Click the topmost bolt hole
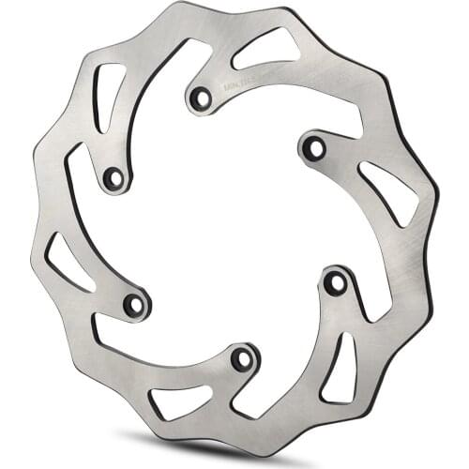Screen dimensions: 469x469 tap(200, 96)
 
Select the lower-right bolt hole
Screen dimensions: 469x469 tap(335, 282)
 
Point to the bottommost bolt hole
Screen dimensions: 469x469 tap(242, 358)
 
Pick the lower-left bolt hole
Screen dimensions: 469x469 tap(135, 304)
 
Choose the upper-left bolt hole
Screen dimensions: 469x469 tap(113, 176)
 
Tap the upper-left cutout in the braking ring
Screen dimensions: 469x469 tap(109, 92)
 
